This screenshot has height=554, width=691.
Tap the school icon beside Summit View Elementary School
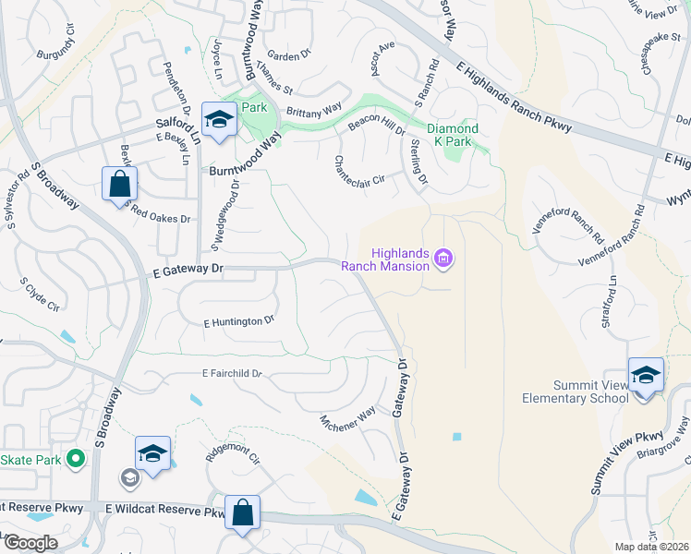[x=646, y=375]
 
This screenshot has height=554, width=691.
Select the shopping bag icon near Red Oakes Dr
[x=120, y=183]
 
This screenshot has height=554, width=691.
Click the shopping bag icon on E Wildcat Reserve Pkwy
[x=242, y=512]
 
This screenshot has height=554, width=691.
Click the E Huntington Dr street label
[x=239, y=321]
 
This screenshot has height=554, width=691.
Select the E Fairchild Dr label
[x=233, y=374]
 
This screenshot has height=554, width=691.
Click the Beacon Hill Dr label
[x=376, y=126]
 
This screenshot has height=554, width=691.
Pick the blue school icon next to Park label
[x=219, y=120]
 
